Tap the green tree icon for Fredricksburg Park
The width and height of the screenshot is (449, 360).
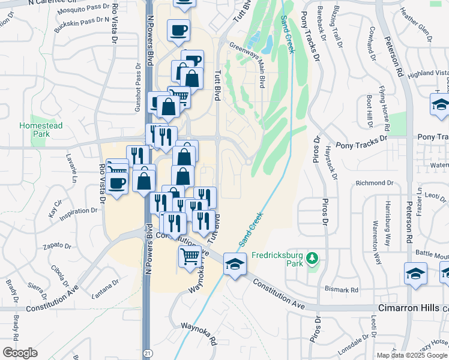click(x=312, y=259)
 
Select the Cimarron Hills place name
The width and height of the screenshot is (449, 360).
click(x=412, y=307)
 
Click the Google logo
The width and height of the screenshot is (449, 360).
click(x=20, y=353)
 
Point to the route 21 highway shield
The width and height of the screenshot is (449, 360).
click(x=148, y=354)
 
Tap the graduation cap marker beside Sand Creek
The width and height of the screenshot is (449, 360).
click(x=235, y=263)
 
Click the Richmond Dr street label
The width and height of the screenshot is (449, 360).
click(x=374, y=182)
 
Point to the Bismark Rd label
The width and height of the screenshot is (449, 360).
click(x=345, y=290)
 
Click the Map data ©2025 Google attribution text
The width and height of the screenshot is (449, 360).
click(x=412, y=355)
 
